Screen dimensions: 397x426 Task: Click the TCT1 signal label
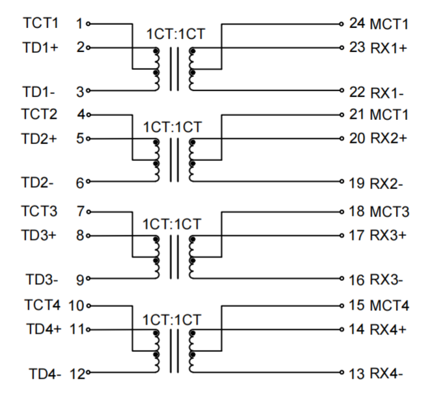(x=41, y=23)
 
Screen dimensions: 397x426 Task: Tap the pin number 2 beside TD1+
(x=79, y=48)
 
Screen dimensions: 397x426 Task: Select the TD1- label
(x=38, y=92)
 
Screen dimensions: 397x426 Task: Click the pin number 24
(x=357, y=24)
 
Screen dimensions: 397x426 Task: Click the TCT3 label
(x=41, y=212)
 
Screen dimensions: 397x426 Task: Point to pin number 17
(x=357, y=235)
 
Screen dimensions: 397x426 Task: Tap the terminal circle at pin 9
(x=87, y=280)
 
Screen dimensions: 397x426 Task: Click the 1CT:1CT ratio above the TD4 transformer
(x=173, y=319)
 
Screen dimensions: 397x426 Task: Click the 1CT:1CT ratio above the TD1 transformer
(x=173, y=34)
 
